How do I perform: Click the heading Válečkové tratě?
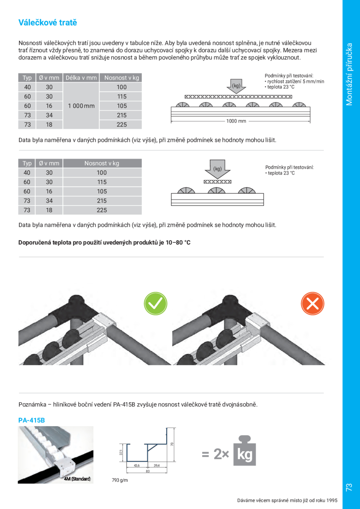48,23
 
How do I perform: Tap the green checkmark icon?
155,303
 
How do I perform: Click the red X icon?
313,303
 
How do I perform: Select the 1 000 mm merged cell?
81,106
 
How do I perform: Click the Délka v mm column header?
81,78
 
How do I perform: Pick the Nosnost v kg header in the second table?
102,163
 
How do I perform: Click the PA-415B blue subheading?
31,420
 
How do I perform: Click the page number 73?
349,487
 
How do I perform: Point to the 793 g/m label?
120,480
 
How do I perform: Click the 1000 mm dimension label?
237,121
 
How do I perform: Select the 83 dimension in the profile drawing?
148,471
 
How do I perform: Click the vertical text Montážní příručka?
350,74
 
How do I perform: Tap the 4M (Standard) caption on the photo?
77,478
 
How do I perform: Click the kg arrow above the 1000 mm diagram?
236,86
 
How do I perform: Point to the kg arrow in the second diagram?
217,169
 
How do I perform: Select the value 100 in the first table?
121,87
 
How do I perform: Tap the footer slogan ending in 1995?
287,500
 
